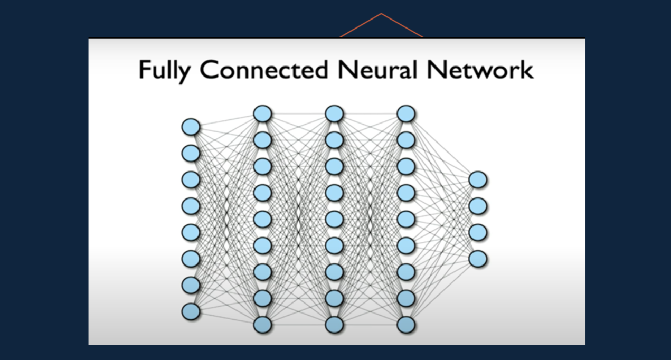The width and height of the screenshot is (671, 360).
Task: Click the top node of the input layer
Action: pyautogui.click(x=191, y=127)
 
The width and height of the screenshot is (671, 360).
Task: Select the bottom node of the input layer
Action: pyautogui.click(x=191, y=311)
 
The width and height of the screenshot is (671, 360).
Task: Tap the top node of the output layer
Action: pyautogui.click(x=478, y=180)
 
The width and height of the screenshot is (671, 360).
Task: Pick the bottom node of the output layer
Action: pyautogui.click(x=478, y=259)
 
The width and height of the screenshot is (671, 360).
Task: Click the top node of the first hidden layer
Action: pyautogui.click(x=262, y=113)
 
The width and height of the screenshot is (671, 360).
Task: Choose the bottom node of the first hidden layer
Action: pyautogui.click(x=262, y=325)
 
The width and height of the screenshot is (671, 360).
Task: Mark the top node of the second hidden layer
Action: pyautogui.click(x=334, y=113)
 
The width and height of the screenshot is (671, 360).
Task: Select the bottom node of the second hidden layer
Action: pyautogui.click(x=334, y=325)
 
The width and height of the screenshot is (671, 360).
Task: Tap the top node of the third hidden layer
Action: pyautogui.click(x=406, y=113)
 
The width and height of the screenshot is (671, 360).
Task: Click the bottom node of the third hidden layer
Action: pyautogui.click(x=406, y=325)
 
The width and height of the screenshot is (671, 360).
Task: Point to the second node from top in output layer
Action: pyautogui.click(x=478, y=206)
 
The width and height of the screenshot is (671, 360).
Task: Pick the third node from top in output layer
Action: pyautogui.click(x=478, y=232)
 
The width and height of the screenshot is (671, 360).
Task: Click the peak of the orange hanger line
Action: pyautogui.click(x=381, y=14)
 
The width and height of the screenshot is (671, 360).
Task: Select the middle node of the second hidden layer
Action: pyautogui.click(x=334, y=219)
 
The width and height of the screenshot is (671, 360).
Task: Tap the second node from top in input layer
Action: pyautogui.click(x=191, y=154)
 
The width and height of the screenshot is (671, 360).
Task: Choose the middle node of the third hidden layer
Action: pyautogui.click(x=406, y=219)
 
